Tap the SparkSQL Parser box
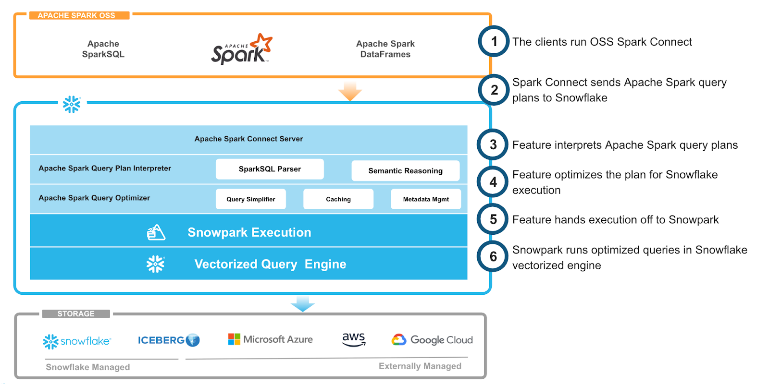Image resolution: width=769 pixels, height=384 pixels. (270, 169)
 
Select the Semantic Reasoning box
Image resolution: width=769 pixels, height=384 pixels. (405, 171)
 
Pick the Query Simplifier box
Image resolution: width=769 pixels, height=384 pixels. (250, 199)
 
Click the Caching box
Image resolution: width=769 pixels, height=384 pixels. (338, 199)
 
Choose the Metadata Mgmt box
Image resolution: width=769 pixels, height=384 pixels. (426, 199)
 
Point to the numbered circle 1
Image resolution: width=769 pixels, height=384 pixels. (494, 42)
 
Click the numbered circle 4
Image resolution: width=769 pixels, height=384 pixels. (493, 182)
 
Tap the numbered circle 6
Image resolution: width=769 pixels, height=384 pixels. (493, 257)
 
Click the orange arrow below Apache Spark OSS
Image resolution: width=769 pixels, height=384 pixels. (350, 91)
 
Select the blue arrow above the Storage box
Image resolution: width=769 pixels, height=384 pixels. (303, 304)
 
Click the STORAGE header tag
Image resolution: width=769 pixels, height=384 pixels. (76, 314)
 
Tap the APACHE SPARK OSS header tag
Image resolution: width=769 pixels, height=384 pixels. (76, 15)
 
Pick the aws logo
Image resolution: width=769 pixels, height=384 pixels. (354, 339)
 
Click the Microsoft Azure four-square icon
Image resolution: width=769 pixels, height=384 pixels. (234, 339)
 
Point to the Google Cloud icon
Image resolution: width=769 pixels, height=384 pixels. (399, 340)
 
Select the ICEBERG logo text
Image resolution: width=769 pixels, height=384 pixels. (161, 340)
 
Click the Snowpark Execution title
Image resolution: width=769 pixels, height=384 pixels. (249, 232)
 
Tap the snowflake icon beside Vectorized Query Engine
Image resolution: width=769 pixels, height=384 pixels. (155, 264)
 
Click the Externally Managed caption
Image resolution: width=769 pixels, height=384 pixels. (420, 366)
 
